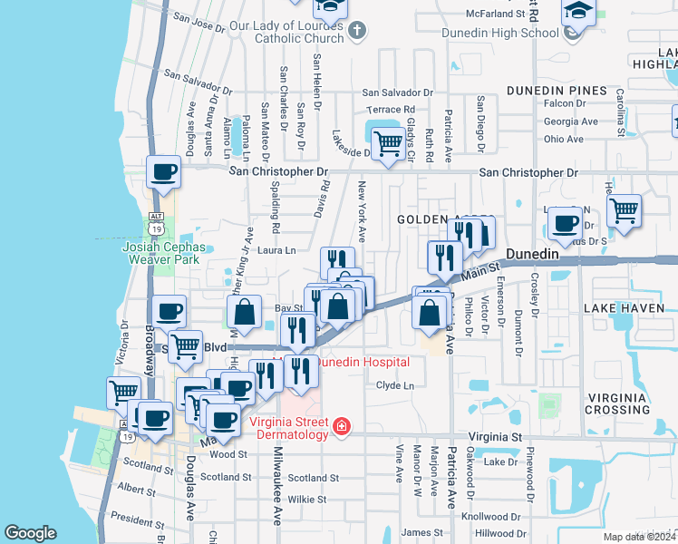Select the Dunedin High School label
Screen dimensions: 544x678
pyautogui.click(x=499, y=34)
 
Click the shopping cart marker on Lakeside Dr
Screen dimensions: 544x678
pyautogui.click(x=388, y=144)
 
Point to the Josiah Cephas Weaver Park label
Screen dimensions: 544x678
pyautogui.click(x=160, y=252)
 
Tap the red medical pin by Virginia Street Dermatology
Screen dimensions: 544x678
pyautogui.click(x=341, y=427)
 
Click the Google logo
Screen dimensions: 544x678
pyautogui.click(x=30, y=533)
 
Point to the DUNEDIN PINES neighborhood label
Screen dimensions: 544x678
pyautogui.click(x=556, y=91)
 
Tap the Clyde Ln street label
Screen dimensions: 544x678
pyautogui.click(x=395, y=386)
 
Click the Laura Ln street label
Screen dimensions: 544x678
pyautogui.click(x=277, y=250)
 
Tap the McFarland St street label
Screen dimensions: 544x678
pyautogui.click(x=496, y=15)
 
